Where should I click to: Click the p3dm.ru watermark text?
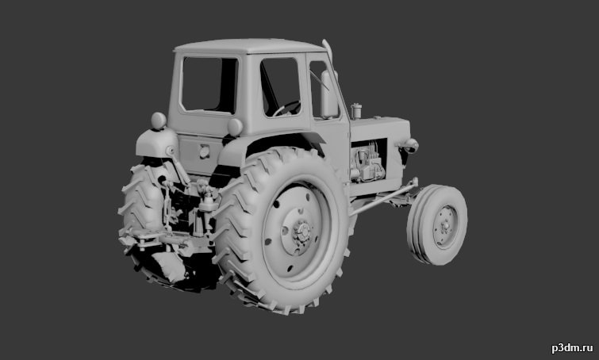pyautogui.click(x=572, y=348)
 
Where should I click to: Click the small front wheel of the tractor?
pyautogui.click(x=437, y=224)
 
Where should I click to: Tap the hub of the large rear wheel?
pyautogui.click(x=302, y=232)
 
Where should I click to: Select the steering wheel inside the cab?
pyautogui.click(x=286, y=108)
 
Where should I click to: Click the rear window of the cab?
pyautogui.click(x=209, y=85)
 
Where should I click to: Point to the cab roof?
pyautogui.click(x=250, y=45)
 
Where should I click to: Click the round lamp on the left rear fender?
pyautogui.click(x=159, y=121)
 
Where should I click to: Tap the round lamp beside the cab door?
pyautogui.click(x=235, y=127)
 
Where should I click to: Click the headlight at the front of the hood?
pyautogui.click(x=410, y=145)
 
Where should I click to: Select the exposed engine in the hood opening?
pyautogui.click(x=367, y=160)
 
